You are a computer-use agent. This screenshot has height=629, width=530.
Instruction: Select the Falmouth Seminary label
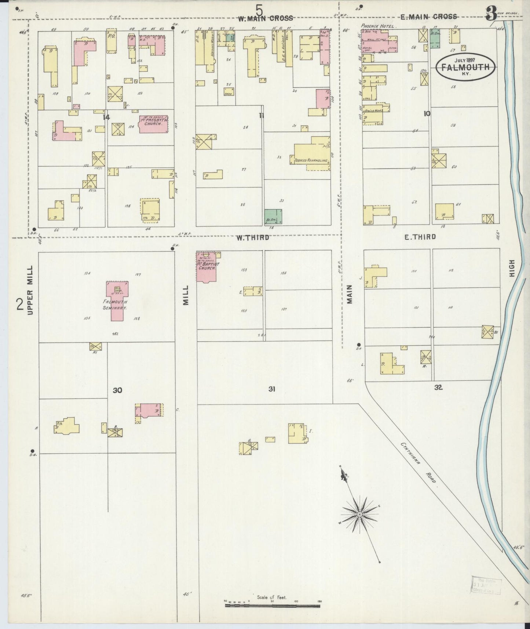point(116,305)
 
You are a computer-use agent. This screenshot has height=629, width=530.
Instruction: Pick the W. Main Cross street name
point(266,18)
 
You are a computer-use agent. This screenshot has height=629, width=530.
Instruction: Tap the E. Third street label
point(420,237)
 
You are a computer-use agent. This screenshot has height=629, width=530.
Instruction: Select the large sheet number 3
point(491,15)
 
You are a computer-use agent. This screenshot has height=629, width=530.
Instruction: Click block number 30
point(117,390)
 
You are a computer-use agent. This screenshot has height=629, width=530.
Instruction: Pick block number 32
point(438,387)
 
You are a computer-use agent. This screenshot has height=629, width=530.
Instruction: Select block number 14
point(106,117)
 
